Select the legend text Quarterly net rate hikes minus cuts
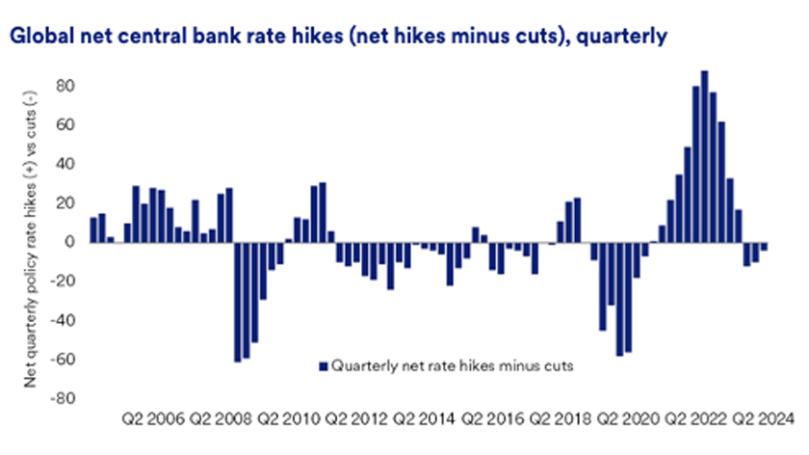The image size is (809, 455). tap(452, 365)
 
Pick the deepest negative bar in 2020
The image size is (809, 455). tap(619, 299)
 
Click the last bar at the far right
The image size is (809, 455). tap(764, 247)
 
